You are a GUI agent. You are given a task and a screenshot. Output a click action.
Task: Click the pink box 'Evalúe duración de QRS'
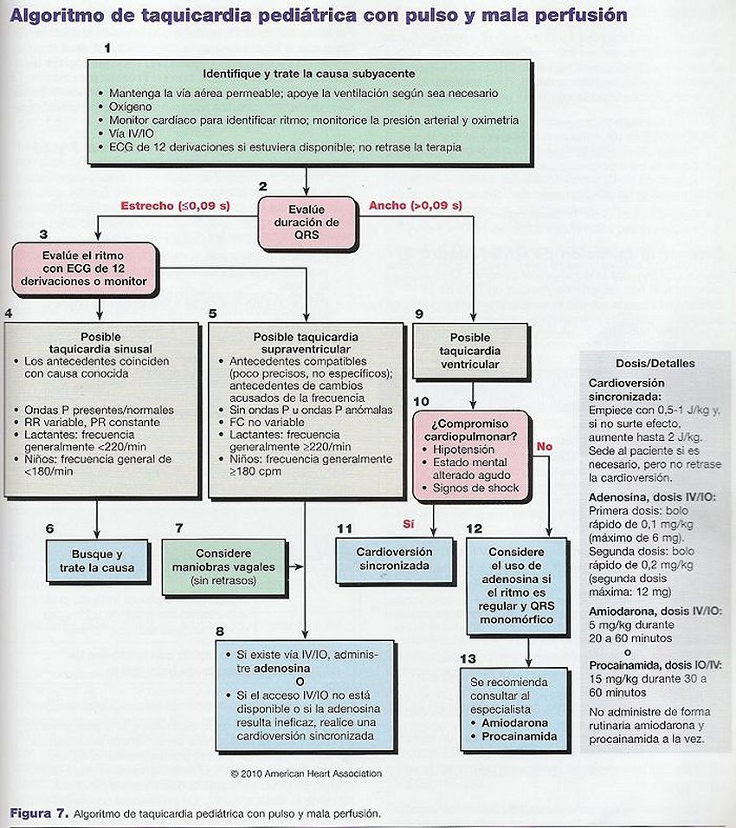coord(307,223)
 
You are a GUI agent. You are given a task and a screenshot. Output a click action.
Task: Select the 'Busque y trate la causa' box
coord(97,560)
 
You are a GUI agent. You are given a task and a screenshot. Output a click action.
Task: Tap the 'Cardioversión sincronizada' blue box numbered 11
coord(394,560)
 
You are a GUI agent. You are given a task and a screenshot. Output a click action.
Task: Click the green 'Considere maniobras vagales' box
coord(223,566)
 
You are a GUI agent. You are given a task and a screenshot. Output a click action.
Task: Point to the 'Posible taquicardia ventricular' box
coord(470,351)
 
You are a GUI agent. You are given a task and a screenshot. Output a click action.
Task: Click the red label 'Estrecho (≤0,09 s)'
coord(175,205)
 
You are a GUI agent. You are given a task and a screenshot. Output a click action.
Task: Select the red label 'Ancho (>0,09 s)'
coord(415,205)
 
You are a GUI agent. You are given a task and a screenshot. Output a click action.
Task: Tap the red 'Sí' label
coord(408,524)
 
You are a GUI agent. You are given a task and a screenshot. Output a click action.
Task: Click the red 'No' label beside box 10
coord(544,447)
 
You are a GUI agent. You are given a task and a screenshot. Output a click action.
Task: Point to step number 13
coord(468,658)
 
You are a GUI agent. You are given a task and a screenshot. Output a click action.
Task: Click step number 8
coord(220,631)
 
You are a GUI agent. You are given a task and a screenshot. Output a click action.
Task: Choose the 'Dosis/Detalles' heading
coord(655,363)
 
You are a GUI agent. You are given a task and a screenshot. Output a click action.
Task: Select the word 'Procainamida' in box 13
coord(519,736)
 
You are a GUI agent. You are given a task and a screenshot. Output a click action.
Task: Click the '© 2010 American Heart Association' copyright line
coord(307,773)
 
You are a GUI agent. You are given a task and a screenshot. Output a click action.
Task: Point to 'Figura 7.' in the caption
coord(39,813)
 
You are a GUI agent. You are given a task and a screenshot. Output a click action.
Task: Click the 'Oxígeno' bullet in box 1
coord(130,107)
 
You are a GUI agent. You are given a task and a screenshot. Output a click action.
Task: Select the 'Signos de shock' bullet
coord(475,488)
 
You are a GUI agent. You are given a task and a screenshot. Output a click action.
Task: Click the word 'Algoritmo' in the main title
coord(57,15)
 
